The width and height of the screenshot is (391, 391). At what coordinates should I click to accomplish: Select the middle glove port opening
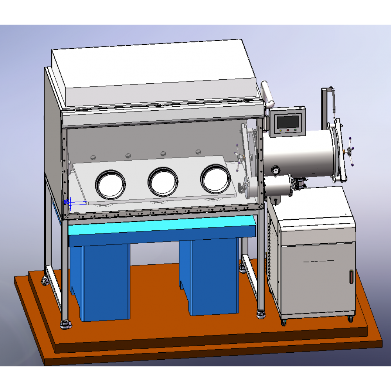pos(163,182)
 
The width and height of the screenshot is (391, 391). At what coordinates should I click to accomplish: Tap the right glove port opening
pos(215,179)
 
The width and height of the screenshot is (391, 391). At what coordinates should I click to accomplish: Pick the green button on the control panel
pos(281,131)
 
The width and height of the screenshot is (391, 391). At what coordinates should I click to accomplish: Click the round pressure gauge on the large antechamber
pos(276,170)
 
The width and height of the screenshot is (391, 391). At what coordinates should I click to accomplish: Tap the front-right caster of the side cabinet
pos(351,319)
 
